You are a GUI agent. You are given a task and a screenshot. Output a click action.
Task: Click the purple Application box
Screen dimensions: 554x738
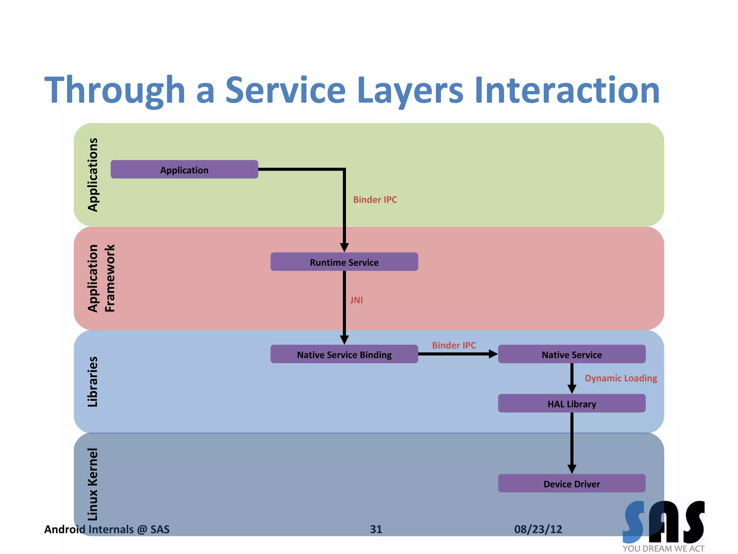click(x=184, y=170)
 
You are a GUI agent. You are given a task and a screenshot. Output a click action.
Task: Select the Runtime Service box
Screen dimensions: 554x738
click(x=344, y=262)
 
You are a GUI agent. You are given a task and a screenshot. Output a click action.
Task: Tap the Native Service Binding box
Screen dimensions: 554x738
click(x=344, y=354)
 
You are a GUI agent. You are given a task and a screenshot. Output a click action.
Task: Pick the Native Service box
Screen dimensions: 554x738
click(x=572, y=354)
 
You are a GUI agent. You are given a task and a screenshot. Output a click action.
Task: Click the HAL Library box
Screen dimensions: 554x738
click(x=572, y=403)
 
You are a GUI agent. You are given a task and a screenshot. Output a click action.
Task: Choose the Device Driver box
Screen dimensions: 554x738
click(x=572, y=483)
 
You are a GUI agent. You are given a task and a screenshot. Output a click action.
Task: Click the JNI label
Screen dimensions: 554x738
click(x=356, y=300)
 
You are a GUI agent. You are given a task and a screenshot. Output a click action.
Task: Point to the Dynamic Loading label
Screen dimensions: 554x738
click(x=621, y=378)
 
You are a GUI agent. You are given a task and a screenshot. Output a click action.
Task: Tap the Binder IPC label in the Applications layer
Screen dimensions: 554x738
click(x=375, y=199)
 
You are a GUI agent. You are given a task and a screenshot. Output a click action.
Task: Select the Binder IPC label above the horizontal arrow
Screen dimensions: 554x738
click(x=454, y=345)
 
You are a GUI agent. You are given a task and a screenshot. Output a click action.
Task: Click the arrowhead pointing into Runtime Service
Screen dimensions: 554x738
click(x=344, y=247)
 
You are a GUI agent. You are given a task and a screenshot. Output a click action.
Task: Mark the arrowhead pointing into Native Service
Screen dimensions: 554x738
click(x=493, y=354)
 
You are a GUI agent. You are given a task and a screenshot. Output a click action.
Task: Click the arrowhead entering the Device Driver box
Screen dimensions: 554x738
click(x=572, y=469)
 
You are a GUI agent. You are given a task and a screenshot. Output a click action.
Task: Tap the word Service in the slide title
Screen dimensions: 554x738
click(x=285, y=90)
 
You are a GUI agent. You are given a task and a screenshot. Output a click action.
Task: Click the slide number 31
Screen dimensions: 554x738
click(x=376, y=529)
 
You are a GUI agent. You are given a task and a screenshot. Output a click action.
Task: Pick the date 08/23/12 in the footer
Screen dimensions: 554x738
click(x=538, y=529)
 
